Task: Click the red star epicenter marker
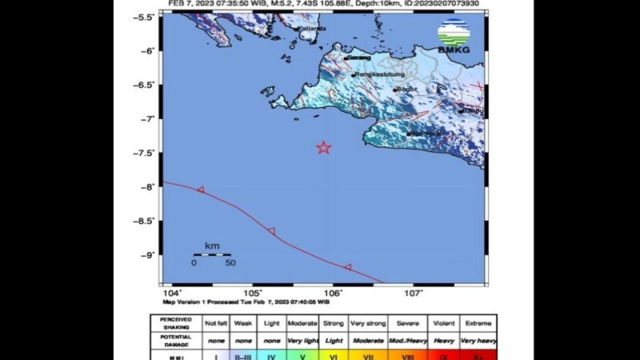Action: pos(324,147)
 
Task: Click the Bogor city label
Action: pos(406,89)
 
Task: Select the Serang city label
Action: pos(359,57)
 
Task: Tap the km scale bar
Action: pos(212,254)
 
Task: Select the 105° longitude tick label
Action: pos(254,293)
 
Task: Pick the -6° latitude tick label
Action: pos(148,50)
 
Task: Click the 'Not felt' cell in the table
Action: pos(216,323)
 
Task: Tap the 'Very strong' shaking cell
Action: pos(368,323)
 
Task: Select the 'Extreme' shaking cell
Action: pos(478,323)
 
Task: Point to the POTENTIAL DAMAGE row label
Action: pos(176,340)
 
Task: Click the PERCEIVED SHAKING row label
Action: pos(176,323)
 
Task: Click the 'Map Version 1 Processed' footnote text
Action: pos(245,302)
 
